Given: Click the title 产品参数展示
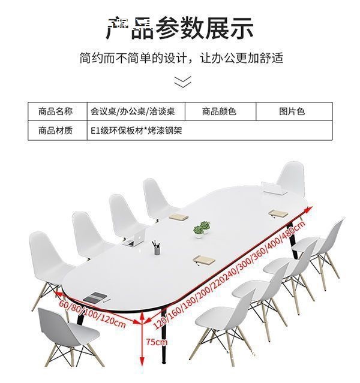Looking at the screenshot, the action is pos(180,28).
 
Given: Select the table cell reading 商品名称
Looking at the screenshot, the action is pos(56,111).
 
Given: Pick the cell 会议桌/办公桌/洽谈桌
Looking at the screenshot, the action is pos(133,111).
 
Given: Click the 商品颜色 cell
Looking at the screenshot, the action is pos(219,111).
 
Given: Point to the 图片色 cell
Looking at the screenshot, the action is pos(292,111).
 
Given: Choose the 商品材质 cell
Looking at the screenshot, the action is pos(56,129).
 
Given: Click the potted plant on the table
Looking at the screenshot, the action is pos(202,228).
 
